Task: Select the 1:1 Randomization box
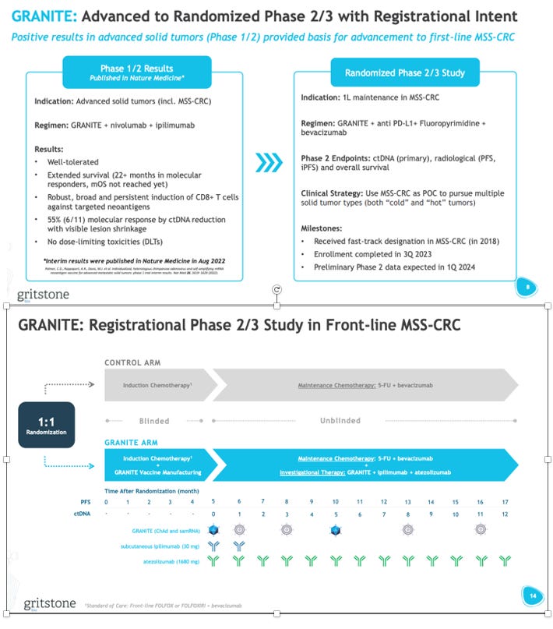point(46,424)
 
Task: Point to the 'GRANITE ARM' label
point(130,442)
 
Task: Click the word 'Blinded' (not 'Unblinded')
point(154,421)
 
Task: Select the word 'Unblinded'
point(340,421)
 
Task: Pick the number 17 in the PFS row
point(505,501)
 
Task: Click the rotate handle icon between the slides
point(276,290)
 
